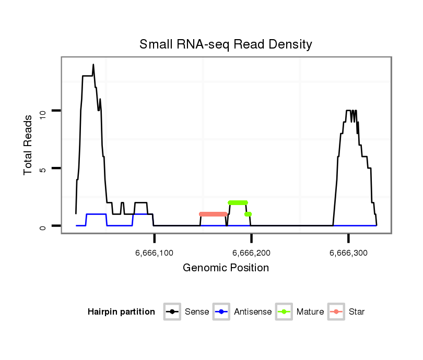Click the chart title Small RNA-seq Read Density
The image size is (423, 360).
click(226, 44)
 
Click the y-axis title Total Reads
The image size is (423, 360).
click(29, 145)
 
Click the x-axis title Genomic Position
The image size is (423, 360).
click(226, 268)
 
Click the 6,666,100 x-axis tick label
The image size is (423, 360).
click(155, 253)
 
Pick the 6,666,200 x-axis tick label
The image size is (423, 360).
click(251, 253)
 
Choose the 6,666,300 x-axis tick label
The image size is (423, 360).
click(348, 253)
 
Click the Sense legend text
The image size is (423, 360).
click(197, 312)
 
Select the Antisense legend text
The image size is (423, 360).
click(253, 312)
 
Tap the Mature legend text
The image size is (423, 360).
click(310, 312)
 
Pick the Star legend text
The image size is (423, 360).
click(357, 312)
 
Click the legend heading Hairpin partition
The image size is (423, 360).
click(121, 312)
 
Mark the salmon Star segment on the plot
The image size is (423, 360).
click(213, 214)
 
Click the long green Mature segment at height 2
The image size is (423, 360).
click(238, 202)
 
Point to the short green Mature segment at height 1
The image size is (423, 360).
click(248, 214)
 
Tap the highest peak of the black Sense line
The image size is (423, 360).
click(93, 65)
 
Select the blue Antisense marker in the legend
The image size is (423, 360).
click(222, 312)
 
